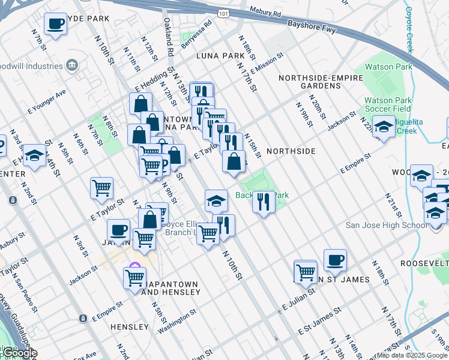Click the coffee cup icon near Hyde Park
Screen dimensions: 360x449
56,25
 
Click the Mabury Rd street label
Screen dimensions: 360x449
265,10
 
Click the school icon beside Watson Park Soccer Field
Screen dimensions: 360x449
384,126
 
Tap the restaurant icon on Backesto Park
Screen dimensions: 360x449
264,202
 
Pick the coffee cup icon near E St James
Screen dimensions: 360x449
335,260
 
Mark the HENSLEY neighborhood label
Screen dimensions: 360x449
129,327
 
